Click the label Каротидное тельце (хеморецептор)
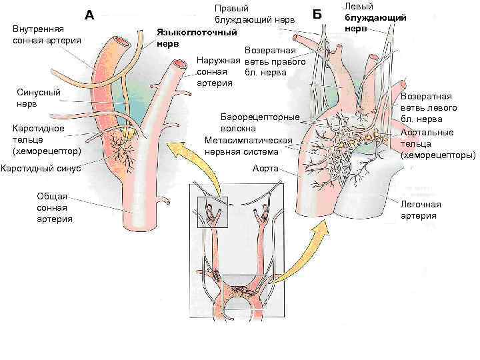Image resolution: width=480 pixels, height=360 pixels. (42, 139)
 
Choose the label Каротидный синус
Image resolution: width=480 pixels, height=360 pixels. (41, 168)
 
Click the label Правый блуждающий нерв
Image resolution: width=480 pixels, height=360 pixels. (253, 14)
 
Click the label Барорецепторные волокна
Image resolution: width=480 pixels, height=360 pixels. (260, 123)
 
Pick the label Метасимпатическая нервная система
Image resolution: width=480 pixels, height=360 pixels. (249, 146)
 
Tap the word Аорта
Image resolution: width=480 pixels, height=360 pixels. (265, 168)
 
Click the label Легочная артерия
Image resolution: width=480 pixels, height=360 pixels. (419, 209)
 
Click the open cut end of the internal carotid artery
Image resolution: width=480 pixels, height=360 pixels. (121, 41)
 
